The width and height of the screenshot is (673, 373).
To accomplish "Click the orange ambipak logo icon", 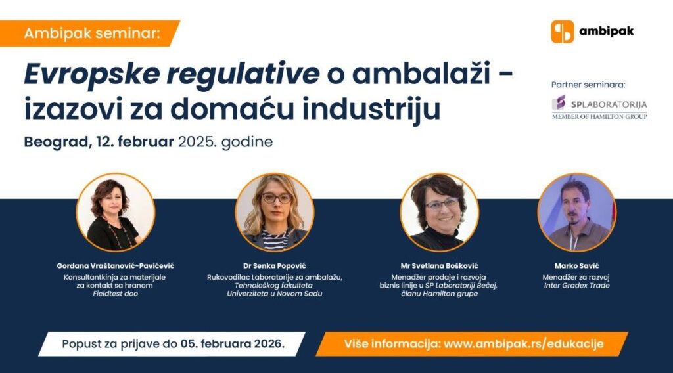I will (x=563, y=32).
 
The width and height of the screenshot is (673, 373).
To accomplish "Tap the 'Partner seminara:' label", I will (x=589, y=85).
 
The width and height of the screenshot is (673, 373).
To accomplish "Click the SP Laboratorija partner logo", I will (x=599, y=106).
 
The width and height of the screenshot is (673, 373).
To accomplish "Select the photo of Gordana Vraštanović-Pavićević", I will (x=116, y=213).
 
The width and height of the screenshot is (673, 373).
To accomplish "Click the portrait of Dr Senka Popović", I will (x=275, y=213).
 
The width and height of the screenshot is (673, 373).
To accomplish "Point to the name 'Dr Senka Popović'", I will (x=275, y=266).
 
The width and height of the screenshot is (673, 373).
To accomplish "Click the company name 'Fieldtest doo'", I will (x=116, y=294).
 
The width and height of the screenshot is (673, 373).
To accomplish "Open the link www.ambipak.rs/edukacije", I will (x=523, y=344).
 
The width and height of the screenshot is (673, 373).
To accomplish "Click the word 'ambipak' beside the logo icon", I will (x=606, y=31).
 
